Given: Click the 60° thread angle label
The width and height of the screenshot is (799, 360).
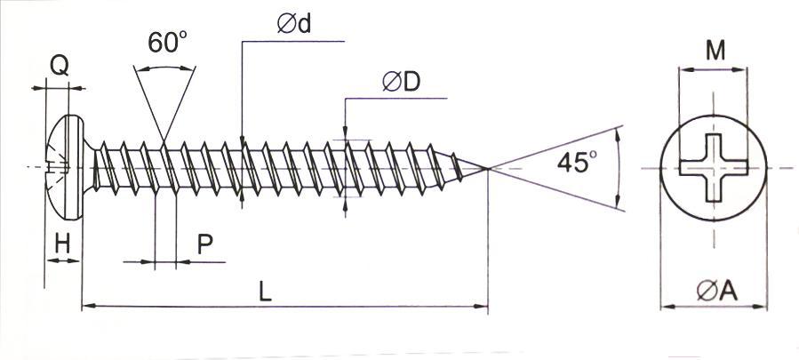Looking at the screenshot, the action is tap(168, 42).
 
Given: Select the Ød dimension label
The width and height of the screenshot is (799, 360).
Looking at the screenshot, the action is tap(294, 24).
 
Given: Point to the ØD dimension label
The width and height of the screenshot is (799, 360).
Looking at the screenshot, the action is tap(402, 82).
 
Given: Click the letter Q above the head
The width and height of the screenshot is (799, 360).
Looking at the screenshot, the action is tap(60, 66).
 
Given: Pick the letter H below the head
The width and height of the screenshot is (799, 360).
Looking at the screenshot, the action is tap(63, 245).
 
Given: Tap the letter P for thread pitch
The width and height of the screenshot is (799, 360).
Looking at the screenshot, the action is tap(204, 245).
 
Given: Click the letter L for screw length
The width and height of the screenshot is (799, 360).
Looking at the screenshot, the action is tap(265, 292).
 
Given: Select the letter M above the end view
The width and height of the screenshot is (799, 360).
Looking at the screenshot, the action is tap(715, 51).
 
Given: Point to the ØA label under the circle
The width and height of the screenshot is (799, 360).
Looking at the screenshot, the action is tap(717, 292).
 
